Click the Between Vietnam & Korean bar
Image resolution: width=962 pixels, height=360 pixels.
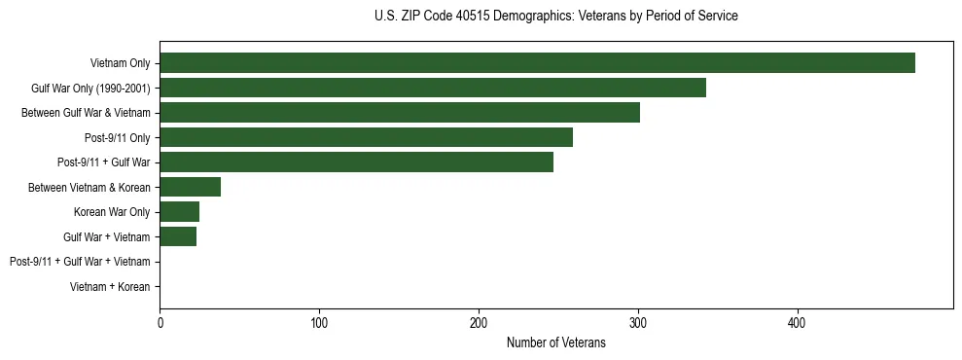(191, 187)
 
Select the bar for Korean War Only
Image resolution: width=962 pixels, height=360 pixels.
(180, 211)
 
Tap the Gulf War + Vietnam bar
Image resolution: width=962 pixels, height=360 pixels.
(178, 236)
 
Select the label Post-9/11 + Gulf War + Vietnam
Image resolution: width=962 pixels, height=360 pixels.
(80, 262)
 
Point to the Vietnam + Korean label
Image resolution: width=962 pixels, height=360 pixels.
(110, 287)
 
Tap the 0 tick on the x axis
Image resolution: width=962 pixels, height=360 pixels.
(160, 322)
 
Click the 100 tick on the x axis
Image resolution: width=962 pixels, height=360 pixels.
(319, 322)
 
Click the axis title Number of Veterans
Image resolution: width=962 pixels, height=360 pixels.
(555, 342)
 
